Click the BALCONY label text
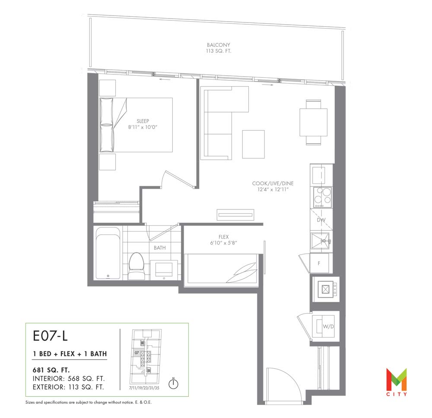click(219, 45)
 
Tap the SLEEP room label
click(143, 121)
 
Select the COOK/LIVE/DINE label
click(273, 183)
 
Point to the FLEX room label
click(223, 237)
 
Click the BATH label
click(160, 248)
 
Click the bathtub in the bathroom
click(108, 253)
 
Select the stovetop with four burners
click(321, 197)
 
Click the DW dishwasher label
click(321, 220)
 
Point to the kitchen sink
click(320, 241)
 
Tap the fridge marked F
click(319, 263)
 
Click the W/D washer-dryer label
click(328, 327)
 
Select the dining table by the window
click(314, 122)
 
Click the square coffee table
click(254, 144)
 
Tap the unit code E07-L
click(50, 336)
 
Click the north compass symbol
click(173, 383)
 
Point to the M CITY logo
click(397, 382)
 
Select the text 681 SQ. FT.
click(51, 370)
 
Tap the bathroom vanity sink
click(164, 270)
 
